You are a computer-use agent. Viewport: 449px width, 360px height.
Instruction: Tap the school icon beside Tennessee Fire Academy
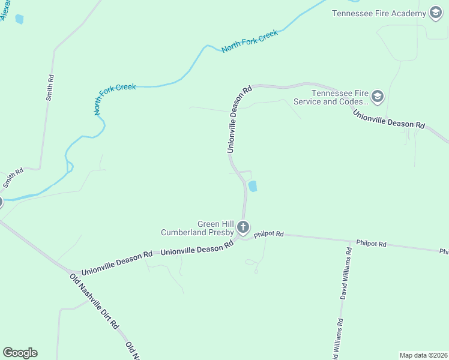[436, 13]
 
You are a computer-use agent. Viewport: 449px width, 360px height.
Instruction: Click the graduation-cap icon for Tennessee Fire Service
[378, 96]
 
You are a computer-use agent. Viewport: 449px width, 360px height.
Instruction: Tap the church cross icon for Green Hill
[243, 227]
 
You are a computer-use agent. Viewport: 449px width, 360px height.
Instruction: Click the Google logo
[20, 353]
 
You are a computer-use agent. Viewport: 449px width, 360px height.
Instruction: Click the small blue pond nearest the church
[253, 187]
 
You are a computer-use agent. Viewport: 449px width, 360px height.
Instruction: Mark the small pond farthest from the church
[19, 19]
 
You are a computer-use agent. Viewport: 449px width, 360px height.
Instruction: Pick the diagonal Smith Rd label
[13, 178]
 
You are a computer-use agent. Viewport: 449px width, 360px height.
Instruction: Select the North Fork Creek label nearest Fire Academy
[250, 41]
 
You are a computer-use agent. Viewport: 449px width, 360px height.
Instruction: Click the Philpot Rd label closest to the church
[268, 235]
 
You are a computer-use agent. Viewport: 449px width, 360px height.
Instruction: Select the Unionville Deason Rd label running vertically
[238, 120]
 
